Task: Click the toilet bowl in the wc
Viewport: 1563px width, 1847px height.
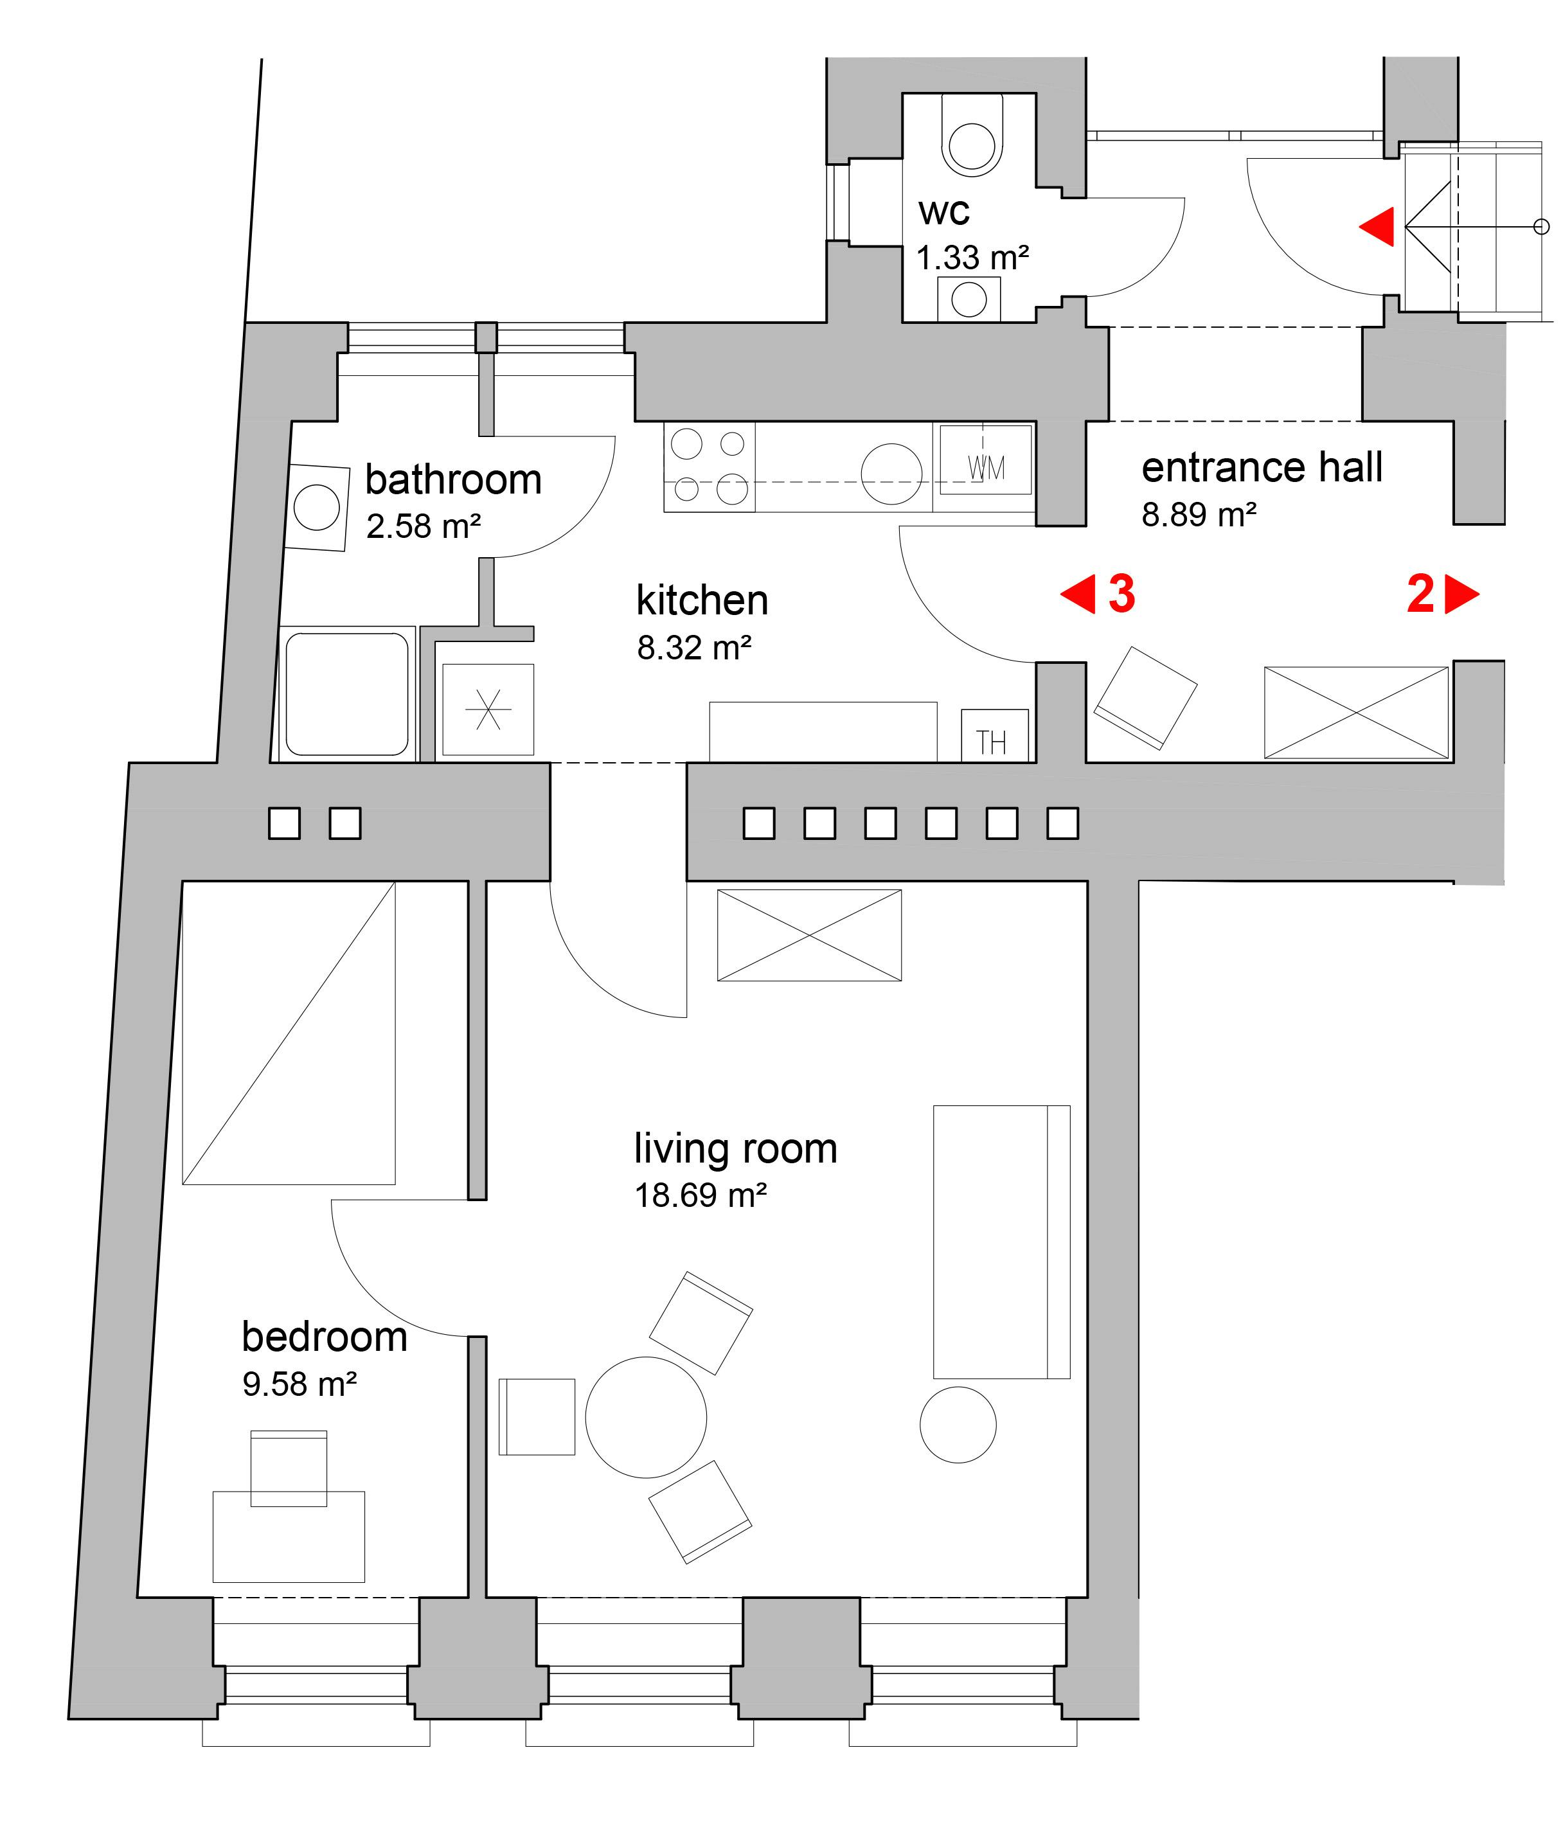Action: coord(972,138)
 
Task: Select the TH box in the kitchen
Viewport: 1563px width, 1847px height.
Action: coord(995,735)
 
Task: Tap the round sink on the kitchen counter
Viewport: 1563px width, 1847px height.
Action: coord(891,474)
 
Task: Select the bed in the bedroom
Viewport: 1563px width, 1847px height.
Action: coord(289,1032)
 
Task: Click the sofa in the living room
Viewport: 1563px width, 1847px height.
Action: coord(1001,1242)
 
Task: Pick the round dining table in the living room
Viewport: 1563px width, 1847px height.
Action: coord(646,1417)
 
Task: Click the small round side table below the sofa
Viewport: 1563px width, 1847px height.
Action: coord(958,1424)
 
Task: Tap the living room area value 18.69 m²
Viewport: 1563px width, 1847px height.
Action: coord(700,1196)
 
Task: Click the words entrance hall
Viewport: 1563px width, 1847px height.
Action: coord(1262,468)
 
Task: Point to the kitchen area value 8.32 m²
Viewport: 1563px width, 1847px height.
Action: coord(694,648)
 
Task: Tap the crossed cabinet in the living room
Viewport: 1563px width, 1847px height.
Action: coord(809,936)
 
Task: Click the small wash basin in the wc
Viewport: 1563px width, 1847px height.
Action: coord(969,299)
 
